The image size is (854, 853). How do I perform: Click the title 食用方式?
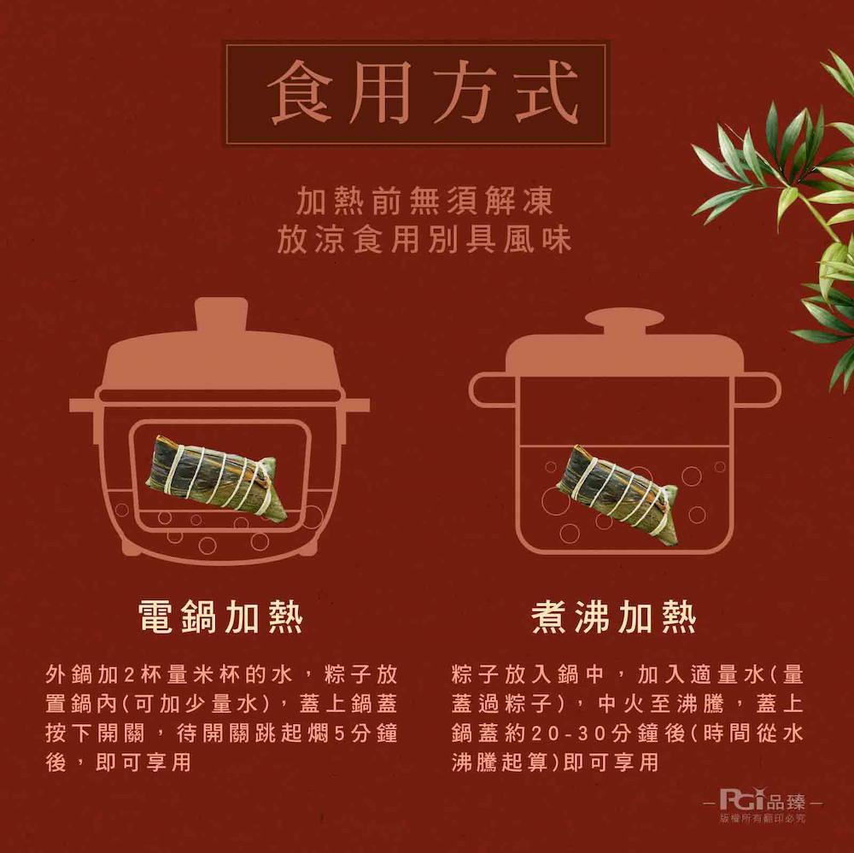click(416, 93)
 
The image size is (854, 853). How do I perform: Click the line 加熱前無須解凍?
click(424, 202)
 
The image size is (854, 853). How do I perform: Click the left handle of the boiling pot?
click(489, 390)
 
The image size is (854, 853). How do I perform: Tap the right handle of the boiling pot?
click(759, 390)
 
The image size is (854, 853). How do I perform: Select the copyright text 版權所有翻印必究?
click(763, 819)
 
